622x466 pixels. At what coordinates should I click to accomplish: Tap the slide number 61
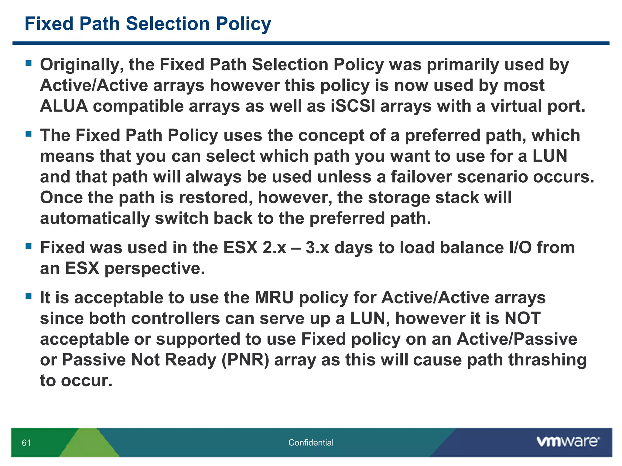point(26,443)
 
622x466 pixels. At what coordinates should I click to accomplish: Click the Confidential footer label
point(311,443)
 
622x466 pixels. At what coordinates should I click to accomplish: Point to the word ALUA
point(64,106)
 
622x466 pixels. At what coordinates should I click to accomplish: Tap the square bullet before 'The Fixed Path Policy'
point(29,134)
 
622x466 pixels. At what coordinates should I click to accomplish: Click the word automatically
point(95,218)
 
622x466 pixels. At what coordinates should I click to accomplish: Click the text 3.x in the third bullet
point(317,248)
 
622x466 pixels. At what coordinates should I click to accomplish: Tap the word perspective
point(155,268)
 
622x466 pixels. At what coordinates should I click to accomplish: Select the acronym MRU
point(274,298)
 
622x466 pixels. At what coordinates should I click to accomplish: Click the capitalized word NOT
point(522,318)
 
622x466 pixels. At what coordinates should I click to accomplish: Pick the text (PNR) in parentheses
point(245,360)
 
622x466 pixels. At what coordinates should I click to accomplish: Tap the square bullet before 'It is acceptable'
point(29,296)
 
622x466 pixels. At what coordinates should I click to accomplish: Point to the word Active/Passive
point(517,339)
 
